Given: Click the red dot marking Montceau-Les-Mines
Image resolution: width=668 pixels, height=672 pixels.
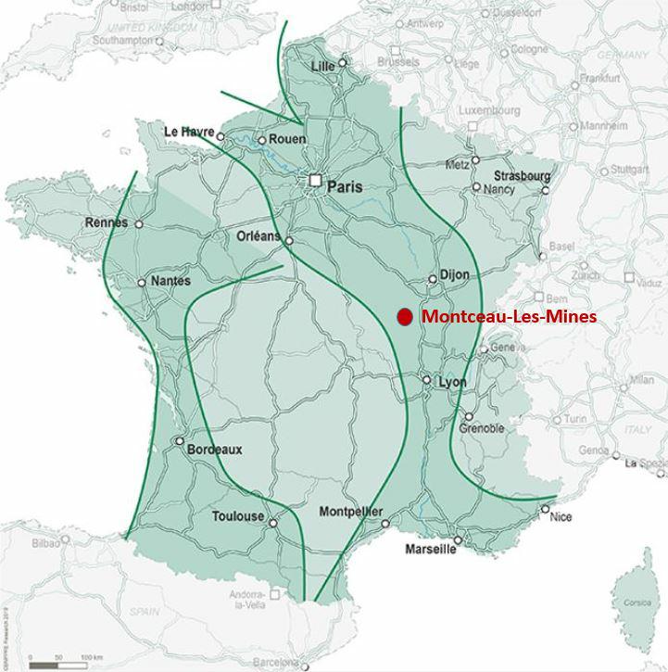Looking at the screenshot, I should tap(404, 317).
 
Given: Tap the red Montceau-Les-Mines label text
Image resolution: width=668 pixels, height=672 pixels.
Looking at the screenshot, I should tap(509, 317).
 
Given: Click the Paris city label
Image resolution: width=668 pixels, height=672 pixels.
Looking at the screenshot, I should tap(345, 186).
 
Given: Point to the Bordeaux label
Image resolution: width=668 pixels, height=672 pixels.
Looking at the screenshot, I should tap(214, 450).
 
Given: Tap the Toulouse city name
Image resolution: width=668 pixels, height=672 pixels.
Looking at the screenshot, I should tap(238, 516).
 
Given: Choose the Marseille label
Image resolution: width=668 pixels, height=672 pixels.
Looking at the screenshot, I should tap(431, 549).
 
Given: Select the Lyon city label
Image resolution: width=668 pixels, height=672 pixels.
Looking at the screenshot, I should tap(452, 382).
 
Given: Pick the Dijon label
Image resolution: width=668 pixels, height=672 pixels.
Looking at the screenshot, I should tap(455, 275).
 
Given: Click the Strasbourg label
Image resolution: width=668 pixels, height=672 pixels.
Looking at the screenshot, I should tap(522, 175).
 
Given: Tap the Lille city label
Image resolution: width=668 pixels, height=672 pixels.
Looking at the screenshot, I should tap(323, 66).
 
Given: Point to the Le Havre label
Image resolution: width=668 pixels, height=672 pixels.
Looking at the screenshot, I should tap(189, 132).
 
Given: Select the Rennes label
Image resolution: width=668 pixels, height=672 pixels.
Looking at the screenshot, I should tap(107, 222).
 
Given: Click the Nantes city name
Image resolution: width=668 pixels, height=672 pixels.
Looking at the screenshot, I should tap(170, 281).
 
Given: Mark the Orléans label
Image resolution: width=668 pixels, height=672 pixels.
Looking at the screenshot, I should tap(258, 236).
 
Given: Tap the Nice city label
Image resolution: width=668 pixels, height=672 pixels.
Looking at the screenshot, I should tap(561, 517).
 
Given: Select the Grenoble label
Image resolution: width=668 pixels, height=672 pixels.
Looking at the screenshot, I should tap(481, 428).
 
